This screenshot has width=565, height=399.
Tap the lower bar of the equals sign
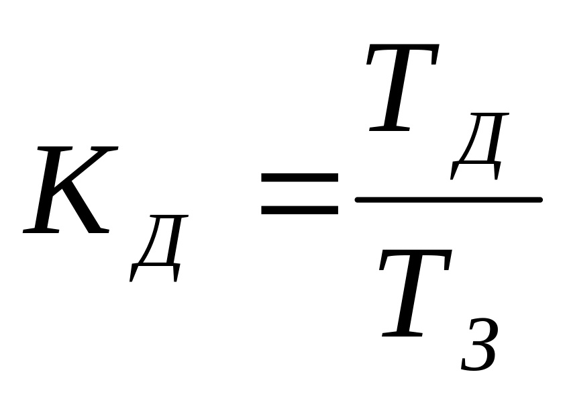coord(299,210)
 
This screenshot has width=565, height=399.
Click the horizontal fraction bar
coord(448,199)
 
